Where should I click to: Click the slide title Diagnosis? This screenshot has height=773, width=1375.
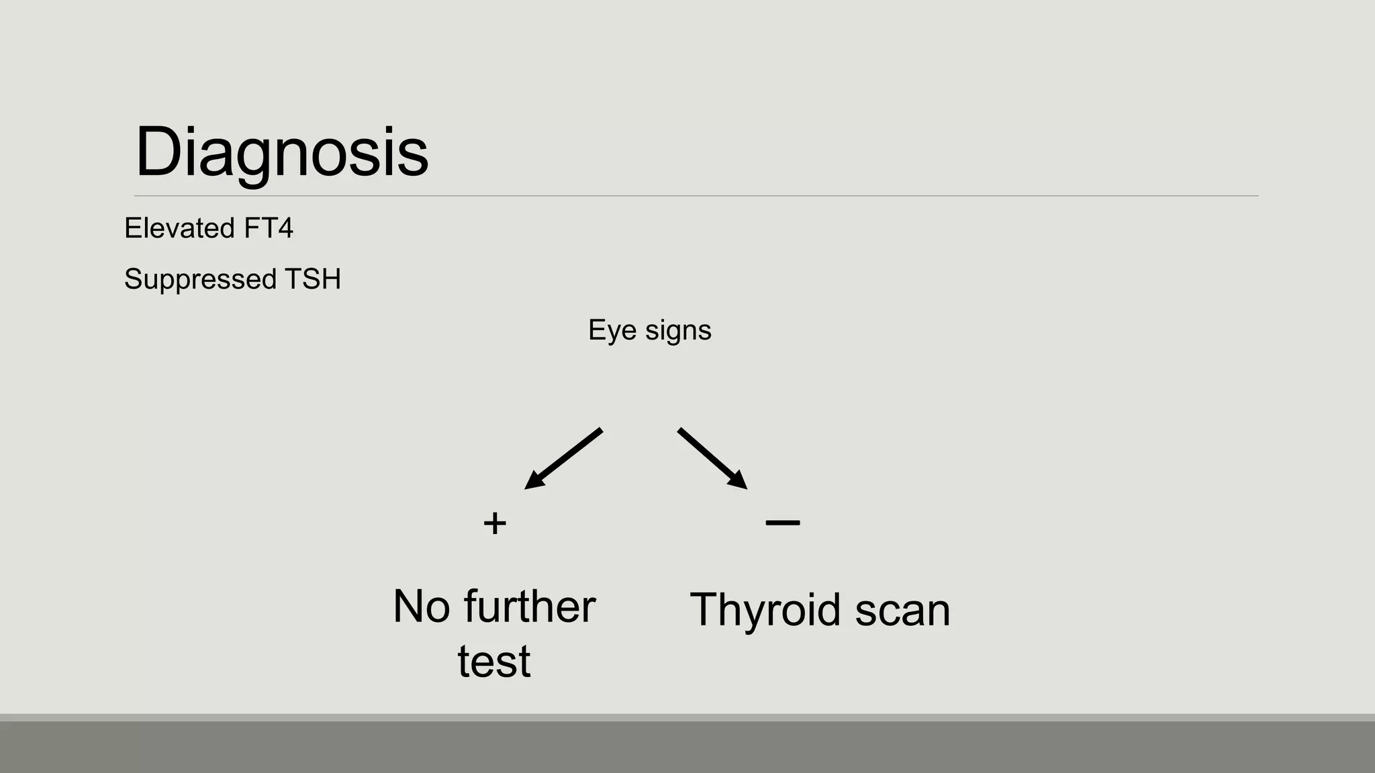[281, 152]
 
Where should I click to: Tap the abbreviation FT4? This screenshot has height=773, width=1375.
[269, 228]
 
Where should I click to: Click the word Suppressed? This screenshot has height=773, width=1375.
[200, 279]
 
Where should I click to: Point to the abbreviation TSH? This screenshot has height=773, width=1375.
[313, 279]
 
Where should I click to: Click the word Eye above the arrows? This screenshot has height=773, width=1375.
[612, 330]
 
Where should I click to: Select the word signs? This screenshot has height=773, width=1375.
[678, 331]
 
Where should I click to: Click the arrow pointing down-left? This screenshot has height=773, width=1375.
[564, 458]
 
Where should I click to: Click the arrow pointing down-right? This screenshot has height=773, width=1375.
[712, 458]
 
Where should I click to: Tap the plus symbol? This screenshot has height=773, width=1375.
[495, 523]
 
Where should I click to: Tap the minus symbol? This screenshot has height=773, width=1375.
[782, 522]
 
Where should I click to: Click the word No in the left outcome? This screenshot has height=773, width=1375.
[421, 607]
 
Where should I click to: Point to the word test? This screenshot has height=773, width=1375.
[494, 662]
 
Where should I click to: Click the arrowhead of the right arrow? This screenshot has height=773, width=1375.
[739, 480]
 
